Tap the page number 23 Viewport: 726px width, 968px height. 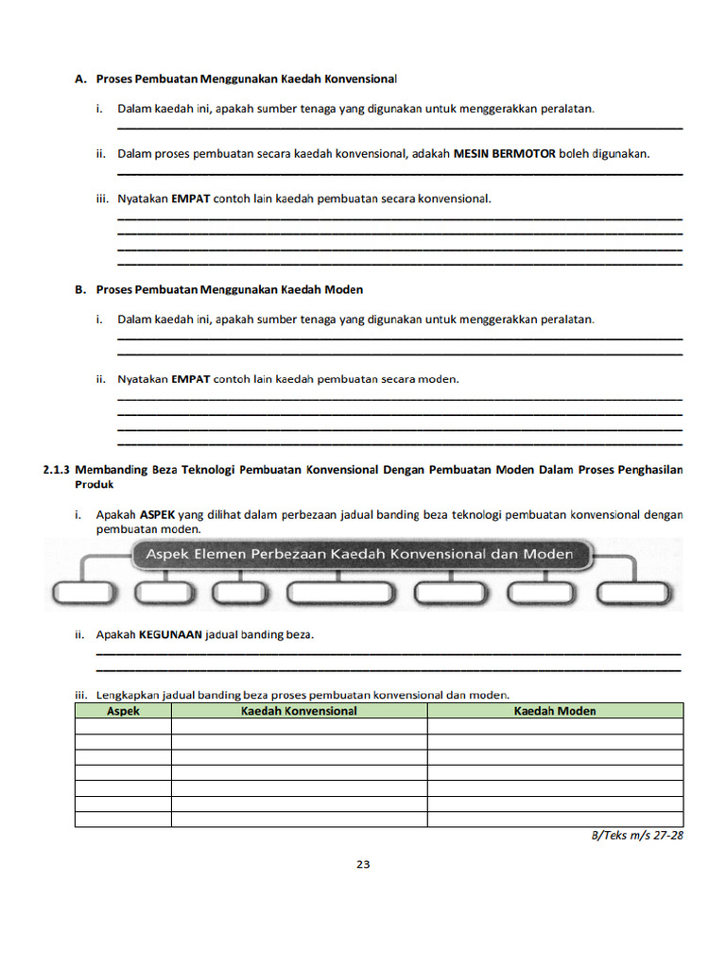(x=363, y=864)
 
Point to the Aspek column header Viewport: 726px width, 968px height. (x=123, y=711)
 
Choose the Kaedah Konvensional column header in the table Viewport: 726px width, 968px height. (x=299, y=711)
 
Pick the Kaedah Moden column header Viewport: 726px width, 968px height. (x=555, y=711)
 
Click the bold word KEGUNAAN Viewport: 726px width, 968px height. (x=170, y=635)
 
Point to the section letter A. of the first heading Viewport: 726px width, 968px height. (x=80, y=78)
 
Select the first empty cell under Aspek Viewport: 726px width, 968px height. (x=123, y=726)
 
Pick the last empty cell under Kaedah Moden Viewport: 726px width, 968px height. (x=555, y=820)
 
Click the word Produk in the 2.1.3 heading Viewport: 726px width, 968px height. (x=94, y=484)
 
